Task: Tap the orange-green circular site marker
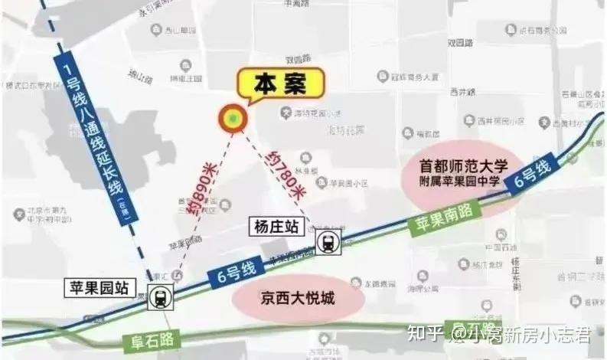(233, 119)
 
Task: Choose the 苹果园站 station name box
(102, 289)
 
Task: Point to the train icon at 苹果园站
(161, 296)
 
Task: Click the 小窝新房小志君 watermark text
(527, 334)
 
